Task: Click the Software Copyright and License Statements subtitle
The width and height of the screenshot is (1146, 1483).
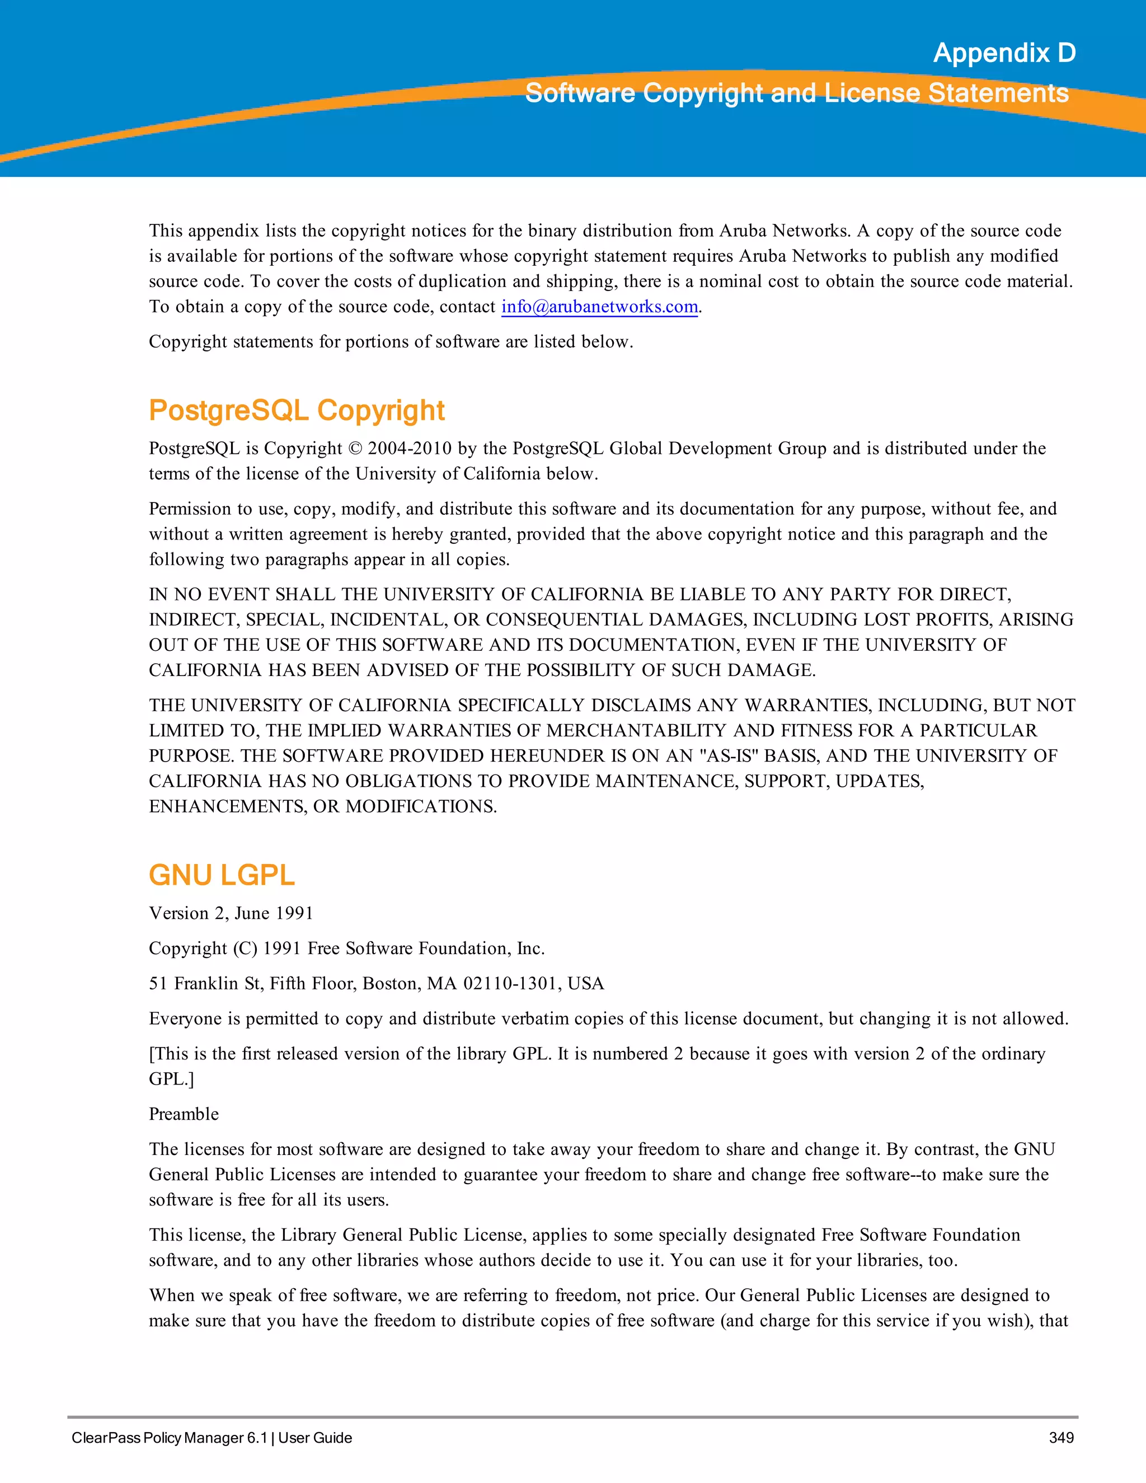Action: (796, 93)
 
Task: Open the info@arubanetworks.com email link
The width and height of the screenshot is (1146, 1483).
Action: (599, 307)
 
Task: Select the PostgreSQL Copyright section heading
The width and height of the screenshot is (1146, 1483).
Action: (297, 411)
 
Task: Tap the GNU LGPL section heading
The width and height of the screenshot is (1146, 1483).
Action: (222, 875)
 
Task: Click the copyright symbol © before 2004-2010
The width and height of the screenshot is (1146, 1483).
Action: (356, 449)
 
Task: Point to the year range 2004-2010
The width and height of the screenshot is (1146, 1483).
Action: (410, 449)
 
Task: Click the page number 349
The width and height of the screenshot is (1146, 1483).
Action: (1061, 1438)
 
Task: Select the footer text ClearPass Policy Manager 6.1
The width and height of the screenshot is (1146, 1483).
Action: (170, 1438)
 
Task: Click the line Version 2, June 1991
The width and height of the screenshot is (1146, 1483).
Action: (231, 913)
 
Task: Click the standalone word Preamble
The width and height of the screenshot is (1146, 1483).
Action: (184, 1114)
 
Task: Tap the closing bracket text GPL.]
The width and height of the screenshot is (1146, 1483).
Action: (171, 1079)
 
